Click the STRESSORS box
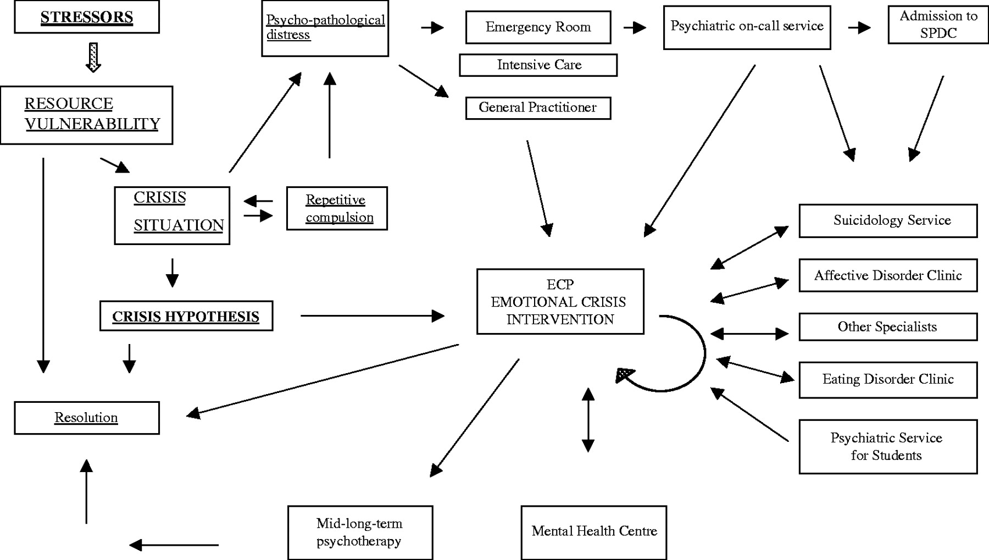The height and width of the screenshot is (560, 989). [x=87, y=17]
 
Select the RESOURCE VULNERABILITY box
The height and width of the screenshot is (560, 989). [x=87, y=115]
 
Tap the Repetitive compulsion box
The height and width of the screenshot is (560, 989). [x=337, y=208]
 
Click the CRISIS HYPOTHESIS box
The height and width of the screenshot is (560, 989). [x=186, y=316]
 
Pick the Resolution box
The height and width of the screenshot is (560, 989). [x=87, y=418]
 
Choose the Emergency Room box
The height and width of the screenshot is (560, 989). [x=538, y=27]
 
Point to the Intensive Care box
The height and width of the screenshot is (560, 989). [x=538, y=65]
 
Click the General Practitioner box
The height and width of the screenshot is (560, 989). [x=538, y=108]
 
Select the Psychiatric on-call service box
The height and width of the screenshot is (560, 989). [x=747, y=27]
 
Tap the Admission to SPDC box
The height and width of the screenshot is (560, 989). [x=938, y=25]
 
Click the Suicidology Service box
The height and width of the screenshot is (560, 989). [x=888, y=221]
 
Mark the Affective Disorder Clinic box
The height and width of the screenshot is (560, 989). [x=888, y=275]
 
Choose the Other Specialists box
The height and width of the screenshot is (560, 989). [x=888, y=327]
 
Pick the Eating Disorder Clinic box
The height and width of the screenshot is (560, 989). [x=888, y=380]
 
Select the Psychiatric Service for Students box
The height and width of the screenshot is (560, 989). [x=888, y=447]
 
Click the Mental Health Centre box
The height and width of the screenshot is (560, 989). [x=594, y=532]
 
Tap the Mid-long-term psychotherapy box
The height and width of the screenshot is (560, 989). [x=360, y=533]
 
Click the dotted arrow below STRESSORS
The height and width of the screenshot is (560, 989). [x=93, y=57]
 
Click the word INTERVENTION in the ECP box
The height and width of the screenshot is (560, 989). [x=560, y=319]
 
